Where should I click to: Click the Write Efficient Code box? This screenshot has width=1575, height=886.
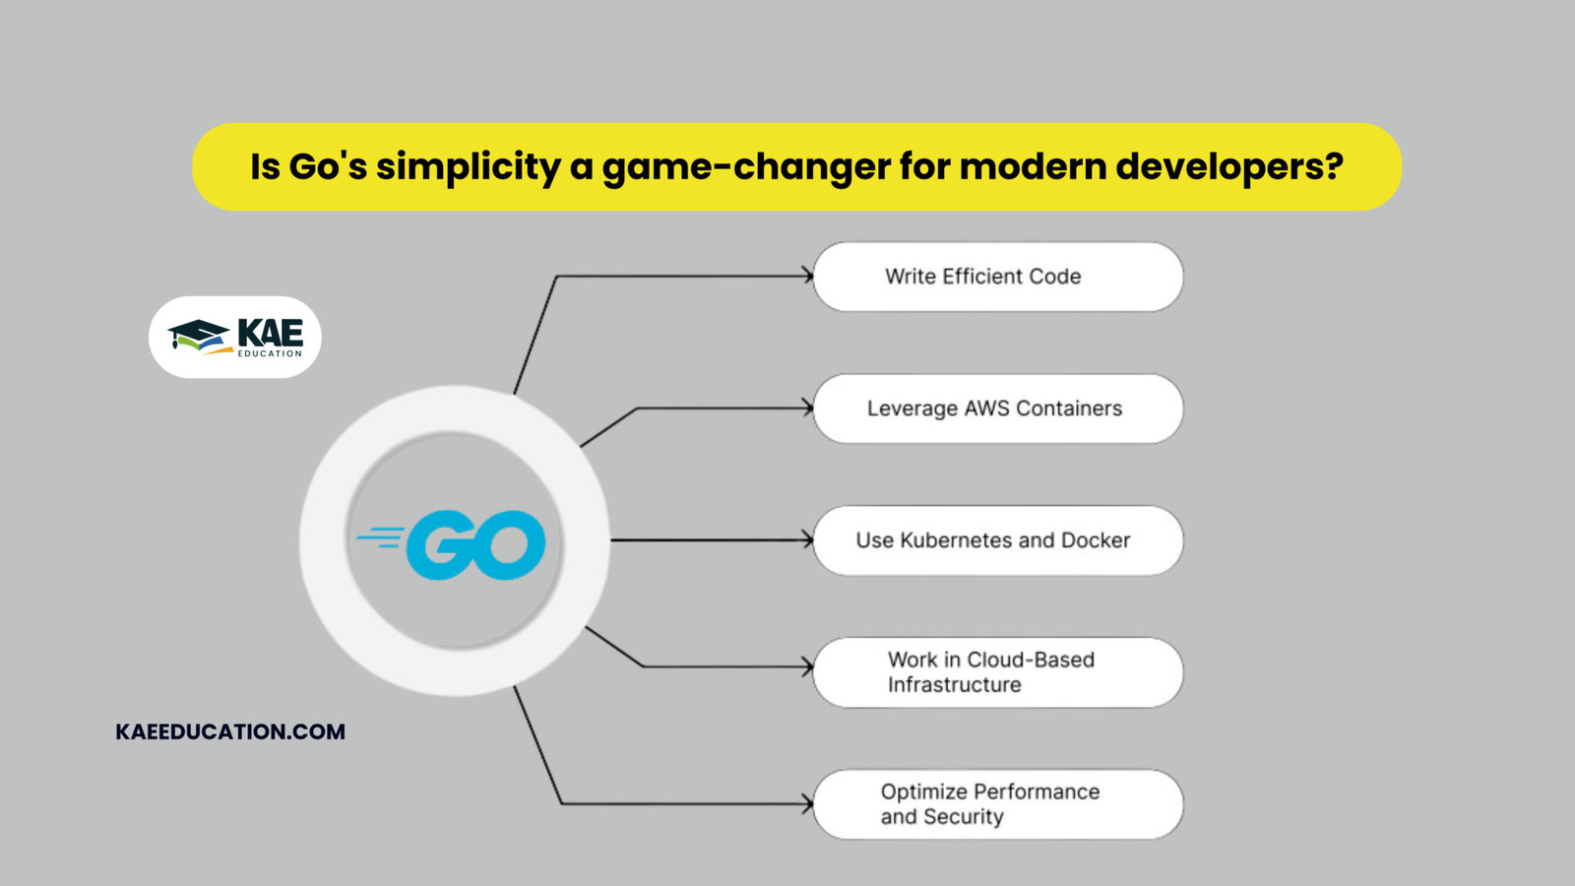pos(997,277)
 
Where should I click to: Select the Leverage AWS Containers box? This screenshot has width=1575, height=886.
pos(997,409)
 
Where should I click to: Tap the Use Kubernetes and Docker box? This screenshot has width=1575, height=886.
pos(997,540)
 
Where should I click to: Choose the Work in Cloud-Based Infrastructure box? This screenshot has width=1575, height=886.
pos(997,672)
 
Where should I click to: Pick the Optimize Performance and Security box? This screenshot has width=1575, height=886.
pos(997,804)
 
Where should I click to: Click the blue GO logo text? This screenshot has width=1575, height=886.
pos(476,544)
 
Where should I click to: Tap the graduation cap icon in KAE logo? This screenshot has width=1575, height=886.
pos(199,335)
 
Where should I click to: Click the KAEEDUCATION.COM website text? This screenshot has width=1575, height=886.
pos(230,731)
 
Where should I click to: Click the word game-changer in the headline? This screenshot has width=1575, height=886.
pos(746,166)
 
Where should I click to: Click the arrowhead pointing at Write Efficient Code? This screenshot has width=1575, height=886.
pos(808,277)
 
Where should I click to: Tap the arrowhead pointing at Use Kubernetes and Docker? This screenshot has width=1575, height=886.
pos(808,540)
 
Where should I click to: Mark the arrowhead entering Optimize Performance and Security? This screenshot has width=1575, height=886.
pos(808,804)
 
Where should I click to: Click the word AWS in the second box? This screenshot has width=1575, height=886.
pos(986,409)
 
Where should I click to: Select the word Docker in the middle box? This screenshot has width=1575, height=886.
pos(1095,540)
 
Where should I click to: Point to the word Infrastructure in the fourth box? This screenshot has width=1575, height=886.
pos(954,685)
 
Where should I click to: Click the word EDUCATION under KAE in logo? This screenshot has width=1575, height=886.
pos(270,353)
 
